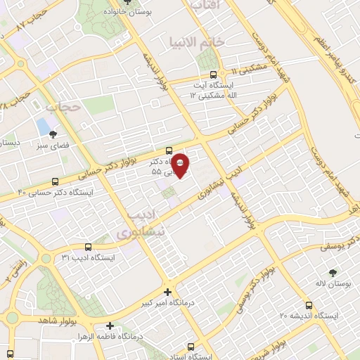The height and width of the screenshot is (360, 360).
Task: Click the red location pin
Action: pyautogui.click(x=180, y=165)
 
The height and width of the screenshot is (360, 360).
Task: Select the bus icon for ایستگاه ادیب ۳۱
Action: pyautogui.click(x=88, y=247)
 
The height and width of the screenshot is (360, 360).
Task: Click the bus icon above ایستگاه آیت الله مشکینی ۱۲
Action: pyautogui.click(x=208, y=75)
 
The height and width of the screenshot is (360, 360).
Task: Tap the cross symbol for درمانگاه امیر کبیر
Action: pyautogui.click(x=167, y=291)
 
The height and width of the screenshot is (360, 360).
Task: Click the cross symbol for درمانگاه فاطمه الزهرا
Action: pyautogui.click(x=110, y=326)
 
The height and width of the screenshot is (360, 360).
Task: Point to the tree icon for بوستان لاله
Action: pyautogui.click(x=332, y=271)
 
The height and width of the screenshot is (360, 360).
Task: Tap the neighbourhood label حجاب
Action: pyautogui.click(x=60, y=107)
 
